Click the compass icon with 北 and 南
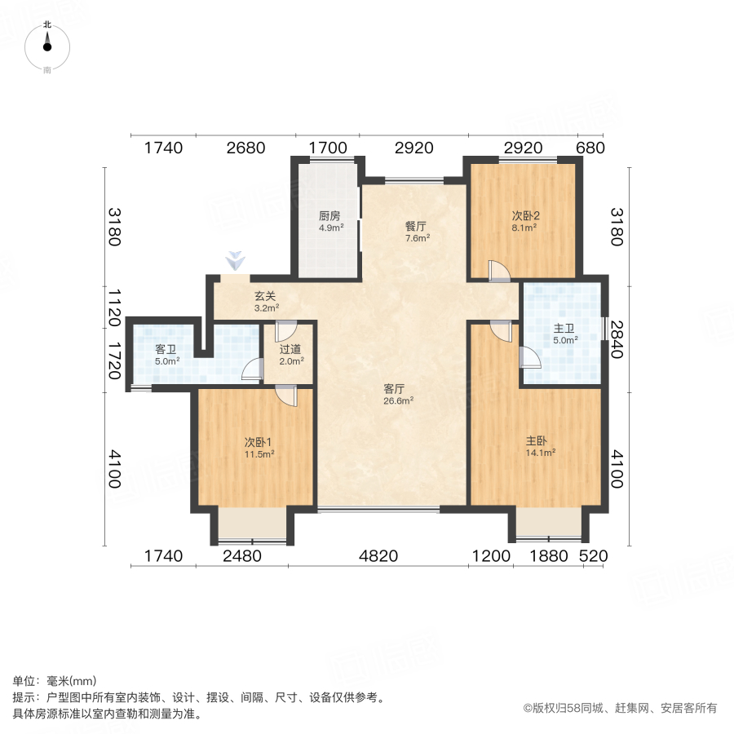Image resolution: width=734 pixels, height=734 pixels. pyautogui.click(x=47, y=47)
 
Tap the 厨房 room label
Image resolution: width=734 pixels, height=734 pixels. pyautogui.click(x=329, y=217)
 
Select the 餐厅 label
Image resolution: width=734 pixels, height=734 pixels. pyautogui.click(x=417, y=227)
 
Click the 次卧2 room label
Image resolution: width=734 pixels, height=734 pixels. pyautogui.click(x=526, y=216)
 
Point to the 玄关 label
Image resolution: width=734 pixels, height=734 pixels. pyautogui.click(x=266, y=298)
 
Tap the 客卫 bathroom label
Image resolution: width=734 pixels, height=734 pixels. pyautogui.click(x=166, y=349)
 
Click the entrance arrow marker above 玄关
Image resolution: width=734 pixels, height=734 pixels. pyautogui.click(x=236, y=262)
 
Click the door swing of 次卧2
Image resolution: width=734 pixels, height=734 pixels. pyautogui.click(x=497, y=271)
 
